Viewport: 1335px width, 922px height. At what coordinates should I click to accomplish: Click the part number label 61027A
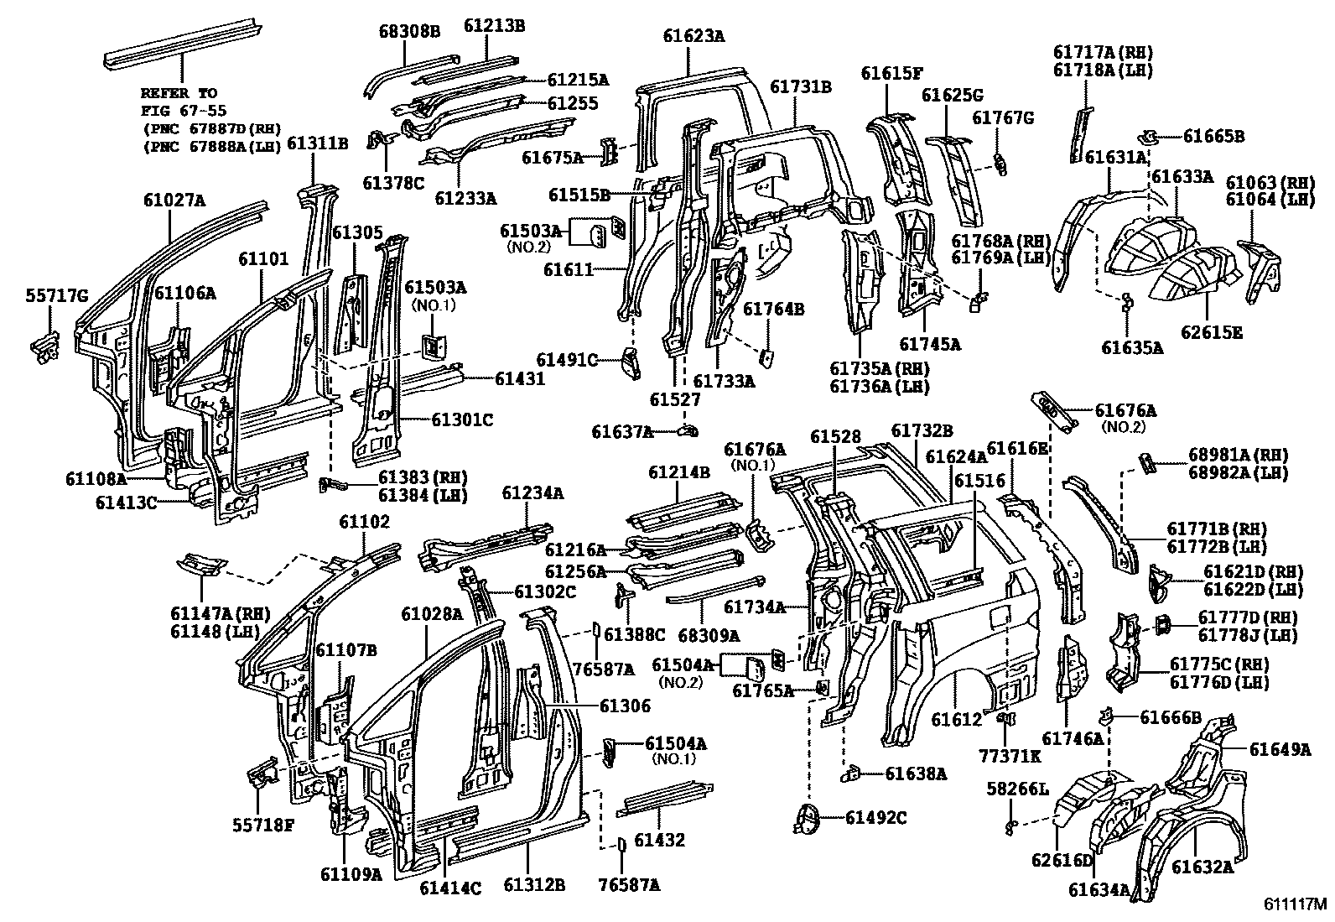click(174, 200)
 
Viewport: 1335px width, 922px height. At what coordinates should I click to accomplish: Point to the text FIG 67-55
click(183, 110)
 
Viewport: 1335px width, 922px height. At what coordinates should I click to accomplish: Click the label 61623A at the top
click(693, 36)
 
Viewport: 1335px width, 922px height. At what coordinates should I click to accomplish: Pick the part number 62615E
click(1212, 332)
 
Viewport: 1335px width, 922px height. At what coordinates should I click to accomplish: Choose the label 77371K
click(1009, 755)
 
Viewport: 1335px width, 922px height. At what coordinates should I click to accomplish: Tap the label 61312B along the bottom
click(533, 884)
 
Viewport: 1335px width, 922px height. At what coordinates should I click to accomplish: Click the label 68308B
click(408, 32)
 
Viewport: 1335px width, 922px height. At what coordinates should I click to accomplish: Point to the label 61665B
click(1213, 136)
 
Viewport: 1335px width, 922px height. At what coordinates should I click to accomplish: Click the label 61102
click(364, 522)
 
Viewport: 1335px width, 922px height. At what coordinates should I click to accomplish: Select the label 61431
click(520, 378)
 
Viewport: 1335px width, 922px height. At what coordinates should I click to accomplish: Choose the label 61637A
click(622, 431)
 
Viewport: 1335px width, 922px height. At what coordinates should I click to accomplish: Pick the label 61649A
click(1279, 749)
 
